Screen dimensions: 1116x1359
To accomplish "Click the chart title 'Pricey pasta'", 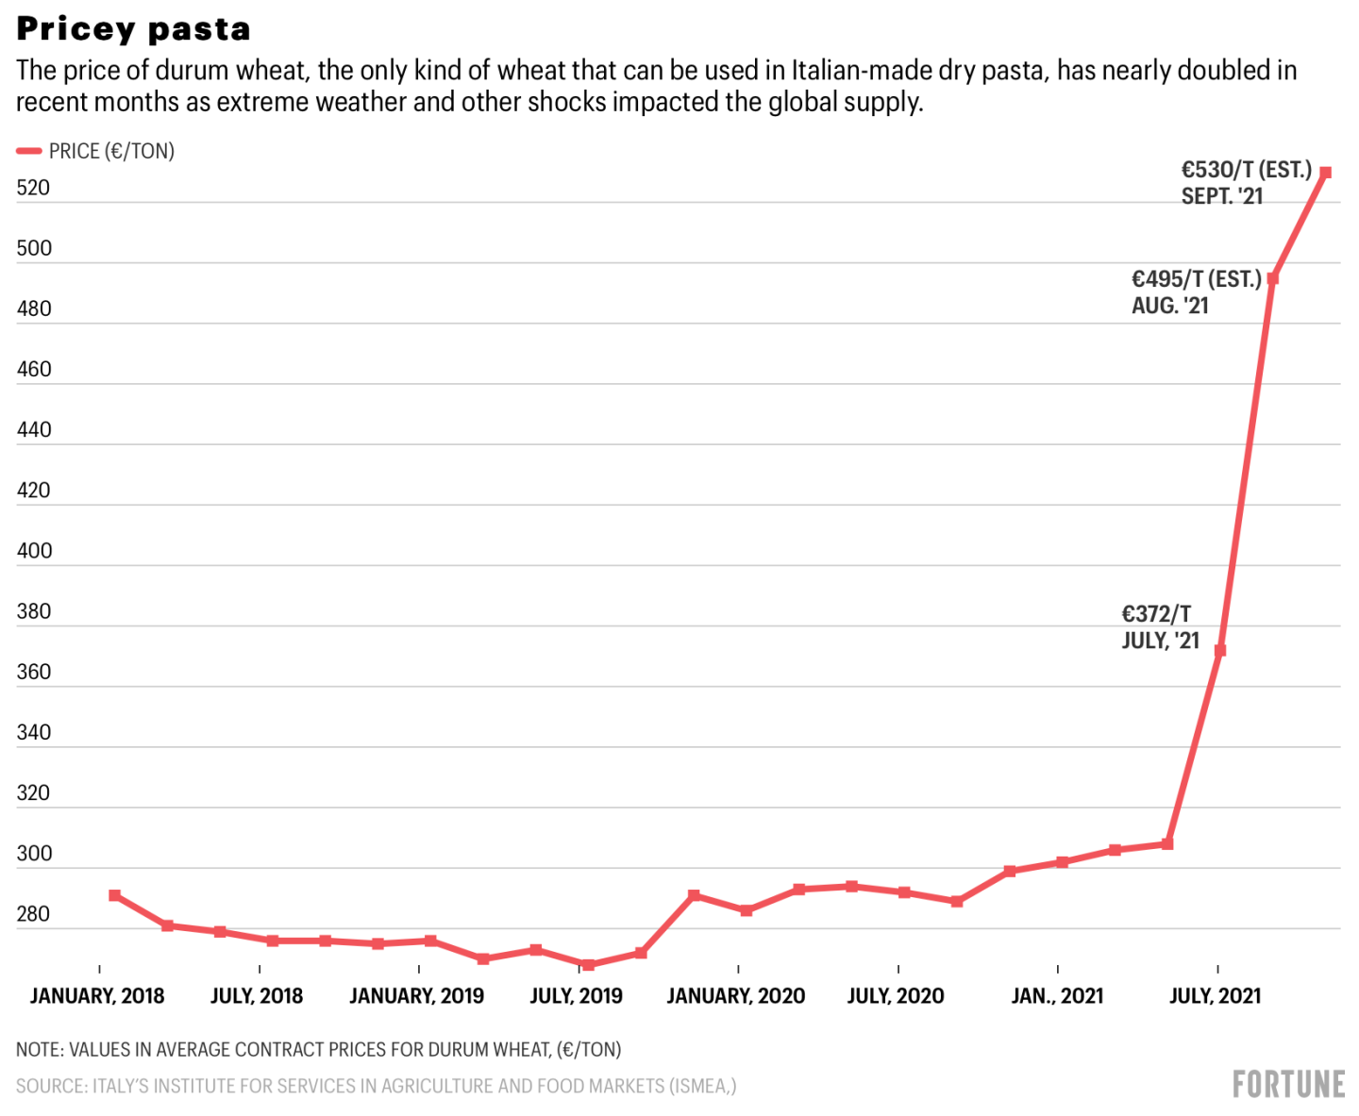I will tap(133, 29).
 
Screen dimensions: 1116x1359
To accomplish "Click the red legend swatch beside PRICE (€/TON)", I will tap(29, 151).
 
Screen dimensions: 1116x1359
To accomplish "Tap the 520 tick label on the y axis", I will tap(33, 188).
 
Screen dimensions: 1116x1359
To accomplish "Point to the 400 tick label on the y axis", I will tap(34, 551).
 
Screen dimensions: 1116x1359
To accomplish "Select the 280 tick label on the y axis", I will tap(33, 914).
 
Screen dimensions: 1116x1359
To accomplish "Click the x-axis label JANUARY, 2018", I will tap(97, 996).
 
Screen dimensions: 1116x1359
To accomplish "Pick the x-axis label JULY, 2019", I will tap(576, 996).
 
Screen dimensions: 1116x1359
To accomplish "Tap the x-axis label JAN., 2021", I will tap(1057, 996).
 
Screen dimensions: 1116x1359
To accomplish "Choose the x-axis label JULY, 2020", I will tap(896, 996).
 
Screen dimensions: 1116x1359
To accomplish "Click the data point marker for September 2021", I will tap(1325, 173).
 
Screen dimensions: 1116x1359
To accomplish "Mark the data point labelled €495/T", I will tap(1272, 279).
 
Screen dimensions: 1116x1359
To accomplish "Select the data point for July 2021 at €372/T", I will tap(1219, 651).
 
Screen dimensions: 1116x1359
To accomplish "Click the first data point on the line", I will tap(114, 895).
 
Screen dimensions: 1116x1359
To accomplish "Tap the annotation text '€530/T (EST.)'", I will tap(1246, 170).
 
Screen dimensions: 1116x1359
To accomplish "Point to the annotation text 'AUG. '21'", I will tap(1169, 306).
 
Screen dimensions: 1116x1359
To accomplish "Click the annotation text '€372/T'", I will tap(1156, 614).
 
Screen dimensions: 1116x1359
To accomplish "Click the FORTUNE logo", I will tap(1288, 1084).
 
